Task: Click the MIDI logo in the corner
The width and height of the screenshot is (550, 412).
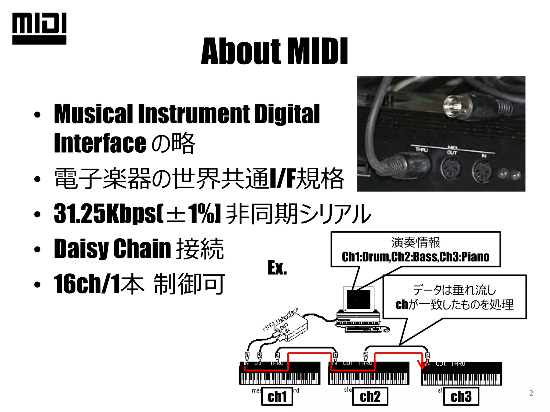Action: tap(39, 28)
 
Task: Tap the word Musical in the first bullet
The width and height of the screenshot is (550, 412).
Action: tap(93, 114)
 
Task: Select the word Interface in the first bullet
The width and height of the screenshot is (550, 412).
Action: tap(100, 143)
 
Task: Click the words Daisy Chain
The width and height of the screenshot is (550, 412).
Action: tap(112, 248)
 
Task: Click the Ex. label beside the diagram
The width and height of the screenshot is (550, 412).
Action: tap(277, 268)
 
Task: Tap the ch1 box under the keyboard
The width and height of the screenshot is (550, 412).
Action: tap(277, 396)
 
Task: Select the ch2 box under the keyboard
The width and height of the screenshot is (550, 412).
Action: tap(370, 396)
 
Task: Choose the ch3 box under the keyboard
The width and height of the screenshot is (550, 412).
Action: tap(461, 396)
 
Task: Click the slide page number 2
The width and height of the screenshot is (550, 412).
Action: tap(531, 393)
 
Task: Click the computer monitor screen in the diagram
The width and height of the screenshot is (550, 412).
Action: tap(359, 299)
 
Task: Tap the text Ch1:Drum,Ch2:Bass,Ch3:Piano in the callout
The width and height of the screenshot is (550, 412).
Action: tap(415, 257)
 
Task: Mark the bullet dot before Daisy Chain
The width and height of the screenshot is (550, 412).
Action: tap(37, 249)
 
